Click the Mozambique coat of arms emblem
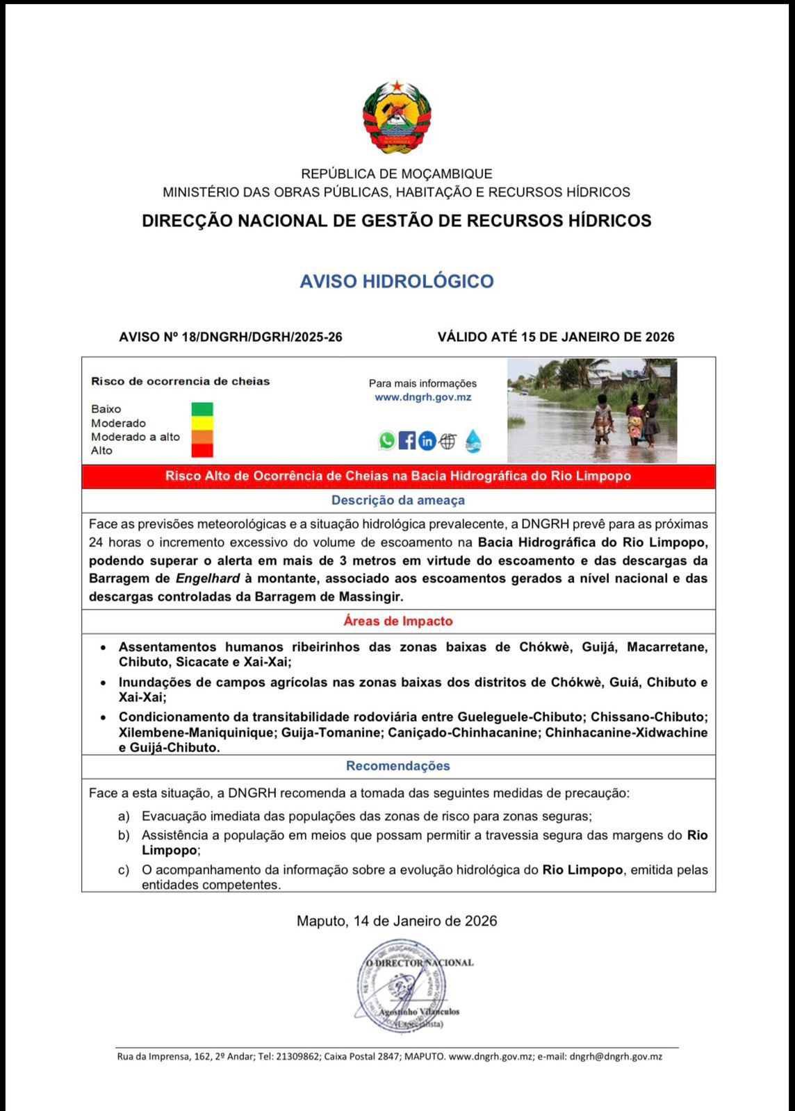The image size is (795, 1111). pos(397,117)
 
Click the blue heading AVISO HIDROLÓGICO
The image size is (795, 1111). pos(397,281)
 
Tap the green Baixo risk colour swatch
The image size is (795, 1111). pos(202,409)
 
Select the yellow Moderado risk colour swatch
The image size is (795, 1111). pos(202,423)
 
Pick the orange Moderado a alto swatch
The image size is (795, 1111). pos(202,437)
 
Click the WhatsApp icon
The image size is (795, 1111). pos(387,440)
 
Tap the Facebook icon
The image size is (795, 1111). pos(407,440)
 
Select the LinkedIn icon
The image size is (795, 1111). pos(427,440)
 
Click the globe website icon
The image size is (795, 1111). pos(448,440)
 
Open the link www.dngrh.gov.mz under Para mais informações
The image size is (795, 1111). pos(423,397)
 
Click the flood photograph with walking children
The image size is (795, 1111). pos(592,410)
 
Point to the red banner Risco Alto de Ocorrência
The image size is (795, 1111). pos(398,476)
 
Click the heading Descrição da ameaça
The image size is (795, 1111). pos(398,500)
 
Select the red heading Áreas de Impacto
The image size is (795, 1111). pos(398,621)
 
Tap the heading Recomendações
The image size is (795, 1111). pos(398,766)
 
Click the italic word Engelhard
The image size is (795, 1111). pos(208,578)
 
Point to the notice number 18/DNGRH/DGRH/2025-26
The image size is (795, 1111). pos(262,337)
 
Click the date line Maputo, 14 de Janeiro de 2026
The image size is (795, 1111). pos(397,921)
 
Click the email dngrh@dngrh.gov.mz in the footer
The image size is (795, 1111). pos(616,1057)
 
